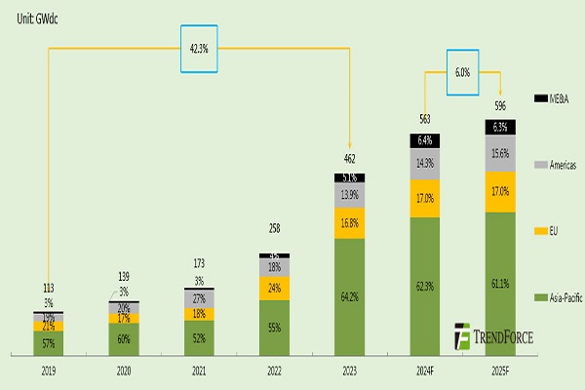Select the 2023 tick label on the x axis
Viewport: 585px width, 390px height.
pyautogui.click(x=349, y=371)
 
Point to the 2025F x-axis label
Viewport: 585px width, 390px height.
pyautogui.click(x=500, y=371)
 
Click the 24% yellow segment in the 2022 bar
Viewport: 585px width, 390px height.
pyautogui.click(x=274, y=289)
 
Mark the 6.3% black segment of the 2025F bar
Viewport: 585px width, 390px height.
pyautogui.click(x=500, y=127)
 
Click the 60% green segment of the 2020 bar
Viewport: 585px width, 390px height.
pyautogui.click(x=123, y=338)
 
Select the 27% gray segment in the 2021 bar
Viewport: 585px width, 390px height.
pyautogui.click(x=198, y=298)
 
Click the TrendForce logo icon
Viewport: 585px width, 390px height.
pyautogui.click(x=461, y=336)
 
